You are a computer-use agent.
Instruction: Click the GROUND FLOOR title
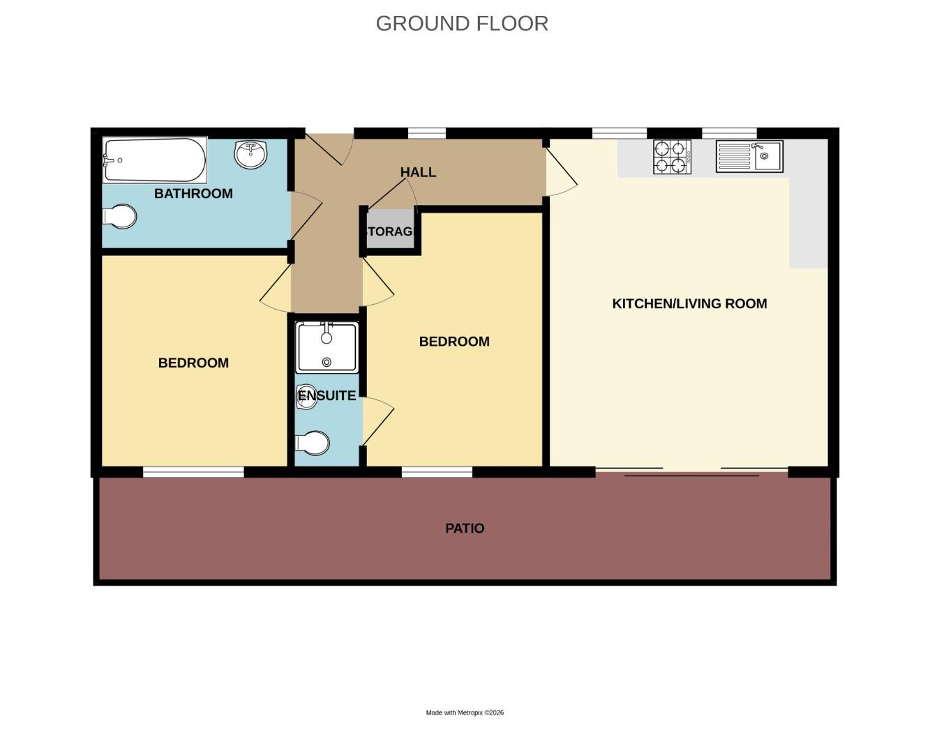[x=462, y=24]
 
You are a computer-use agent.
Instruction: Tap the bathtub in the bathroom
[x=155, y=160]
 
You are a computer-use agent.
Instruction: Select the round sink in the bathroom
[x=250, y=154]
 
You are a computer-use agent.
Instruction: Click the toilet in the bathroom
[x=120, y=216]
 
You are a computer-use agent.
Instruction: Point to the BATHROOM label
[x=193, y=194]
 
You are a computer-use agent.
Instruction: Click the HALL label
[x=418, y=172]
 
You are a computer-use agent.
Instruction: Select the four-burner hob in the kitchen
[x=672, y=157]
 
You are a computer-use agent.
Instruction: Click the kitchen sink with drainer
[x=749, y=156]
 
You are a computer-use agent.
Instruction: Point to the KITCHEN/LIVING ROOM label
[x=689, y=304]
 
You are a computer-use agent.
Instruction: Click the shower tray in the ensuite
[x=327, y=347]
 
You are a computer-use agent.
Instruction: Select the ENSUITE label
[x=327, y=396]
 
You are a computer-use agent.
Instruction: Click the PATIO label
[x=465, y=528]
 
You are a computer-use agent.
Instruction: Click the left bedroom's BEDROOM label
[x=193, y=363]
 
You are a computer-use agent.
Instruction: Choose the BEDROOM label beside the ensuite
[x=454, y=342]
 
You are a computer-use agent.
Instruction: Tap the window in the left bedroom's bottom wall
[x=193, y=472]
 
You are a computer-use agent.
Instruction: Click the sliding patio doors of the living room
[x=691, y=472]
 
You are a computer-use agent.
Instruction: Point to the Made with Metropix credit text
[x=465, y=713]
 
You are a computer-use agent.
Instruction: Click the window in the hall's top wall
[x=426, y=133]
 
